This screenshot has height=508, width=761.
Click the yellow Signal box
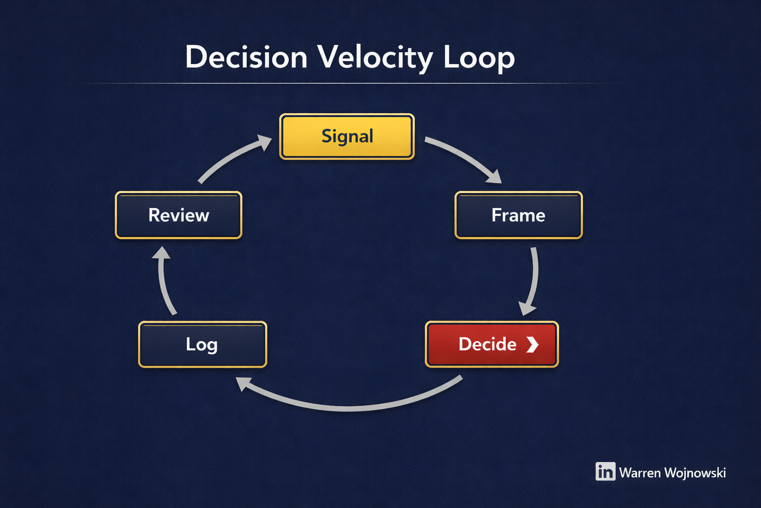click(x=347, y=136)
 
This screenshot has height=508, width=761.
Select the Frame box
click(x=518, y=215)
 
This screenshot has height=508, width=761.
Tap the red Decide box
click(x=491, y=344)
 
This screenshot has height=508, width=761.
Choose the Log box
click(x=202, y=344)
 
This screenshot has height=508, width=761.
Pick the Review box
click(x=178, y=215)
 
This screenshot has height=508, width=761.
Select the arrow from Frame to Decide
click(x=533, y=278)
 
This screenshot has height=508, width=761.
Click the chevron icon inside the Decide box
click(x=532, y=344)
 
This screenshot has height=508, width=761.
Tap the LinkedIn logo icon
click(x=605, y=472)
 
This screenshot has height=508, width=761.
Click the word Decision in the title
click(x=246, y=57)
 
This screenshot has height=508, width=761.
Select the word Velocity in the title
click(x=375, y=57)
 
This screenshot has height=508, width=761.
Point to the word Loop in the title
click(x=479, y=57)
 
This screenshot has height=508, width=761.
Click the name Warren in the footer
click(x=640, y=473)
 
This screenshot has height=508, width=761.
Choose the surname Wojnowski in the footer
click(x=695, y=473)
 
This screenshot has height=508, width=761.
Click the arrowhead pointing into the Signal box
click(x=265, y=142)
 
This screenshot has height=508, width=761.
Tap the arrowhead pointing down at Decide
click(x=527, y=308)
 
